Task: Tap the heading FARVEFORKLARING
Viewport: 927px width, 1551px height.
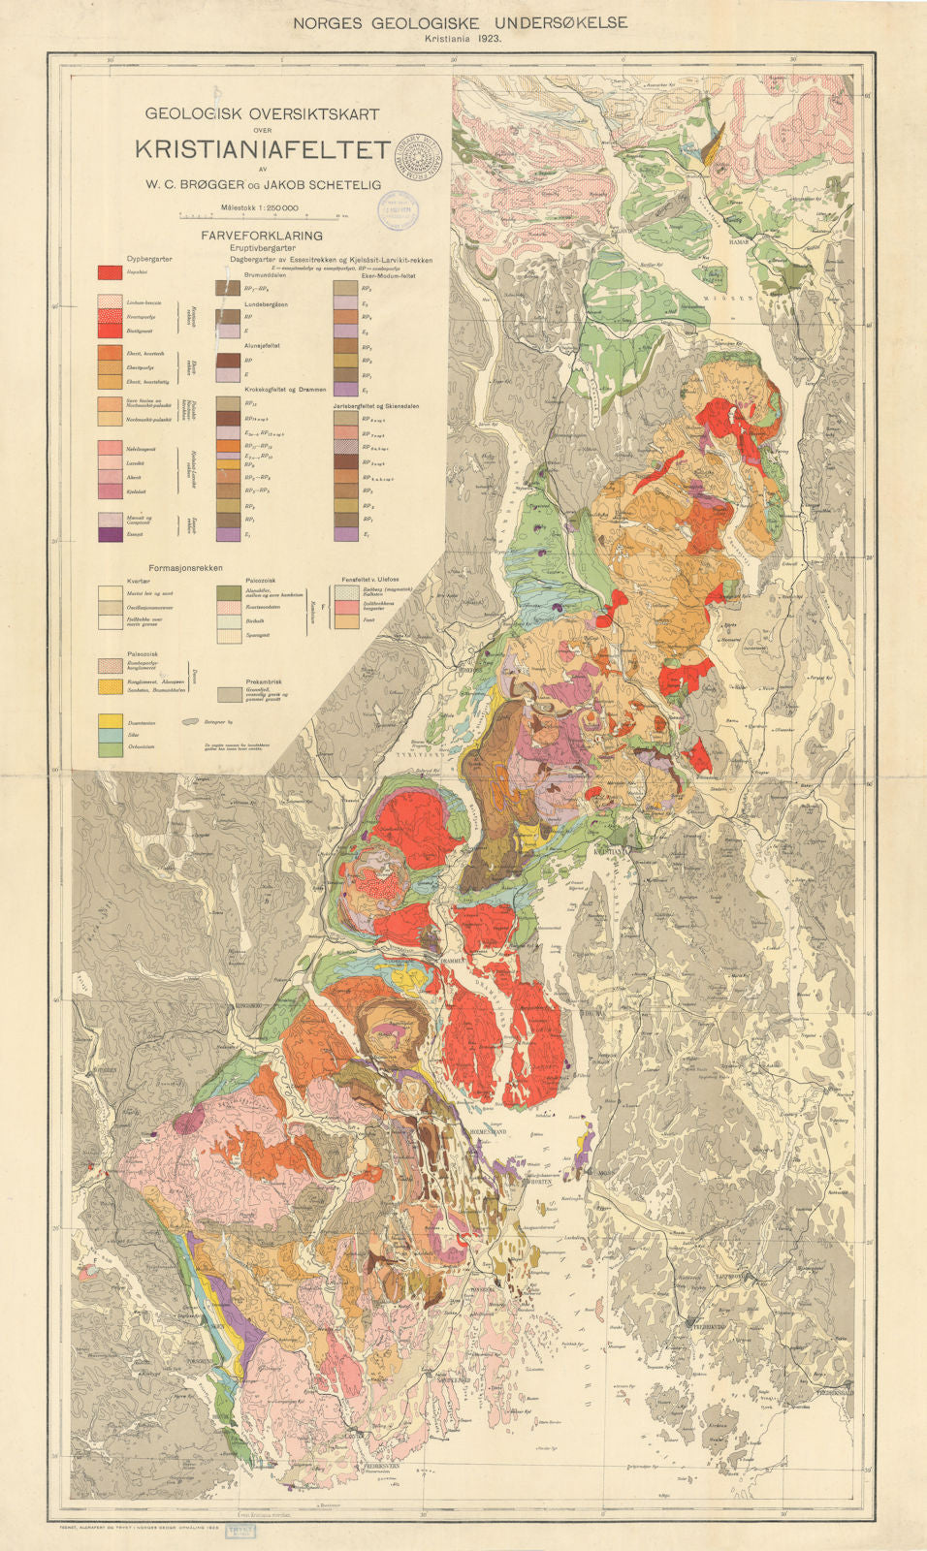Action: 261,236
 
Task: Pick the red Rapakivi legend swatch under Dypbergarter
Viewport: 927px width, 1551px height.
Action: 109,272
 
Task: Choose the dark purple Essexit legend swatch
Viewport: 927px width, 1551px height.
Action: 109,534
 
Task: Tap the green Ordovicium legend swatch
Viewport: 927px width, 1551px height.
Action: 109,749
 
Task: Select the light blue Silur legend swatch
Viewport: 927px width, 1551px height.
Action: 109,736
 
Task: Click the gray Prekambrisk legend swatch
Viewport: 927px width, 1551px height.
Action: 229,695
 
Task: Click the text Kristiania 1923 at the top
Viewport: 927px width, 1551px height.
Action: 463,39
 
